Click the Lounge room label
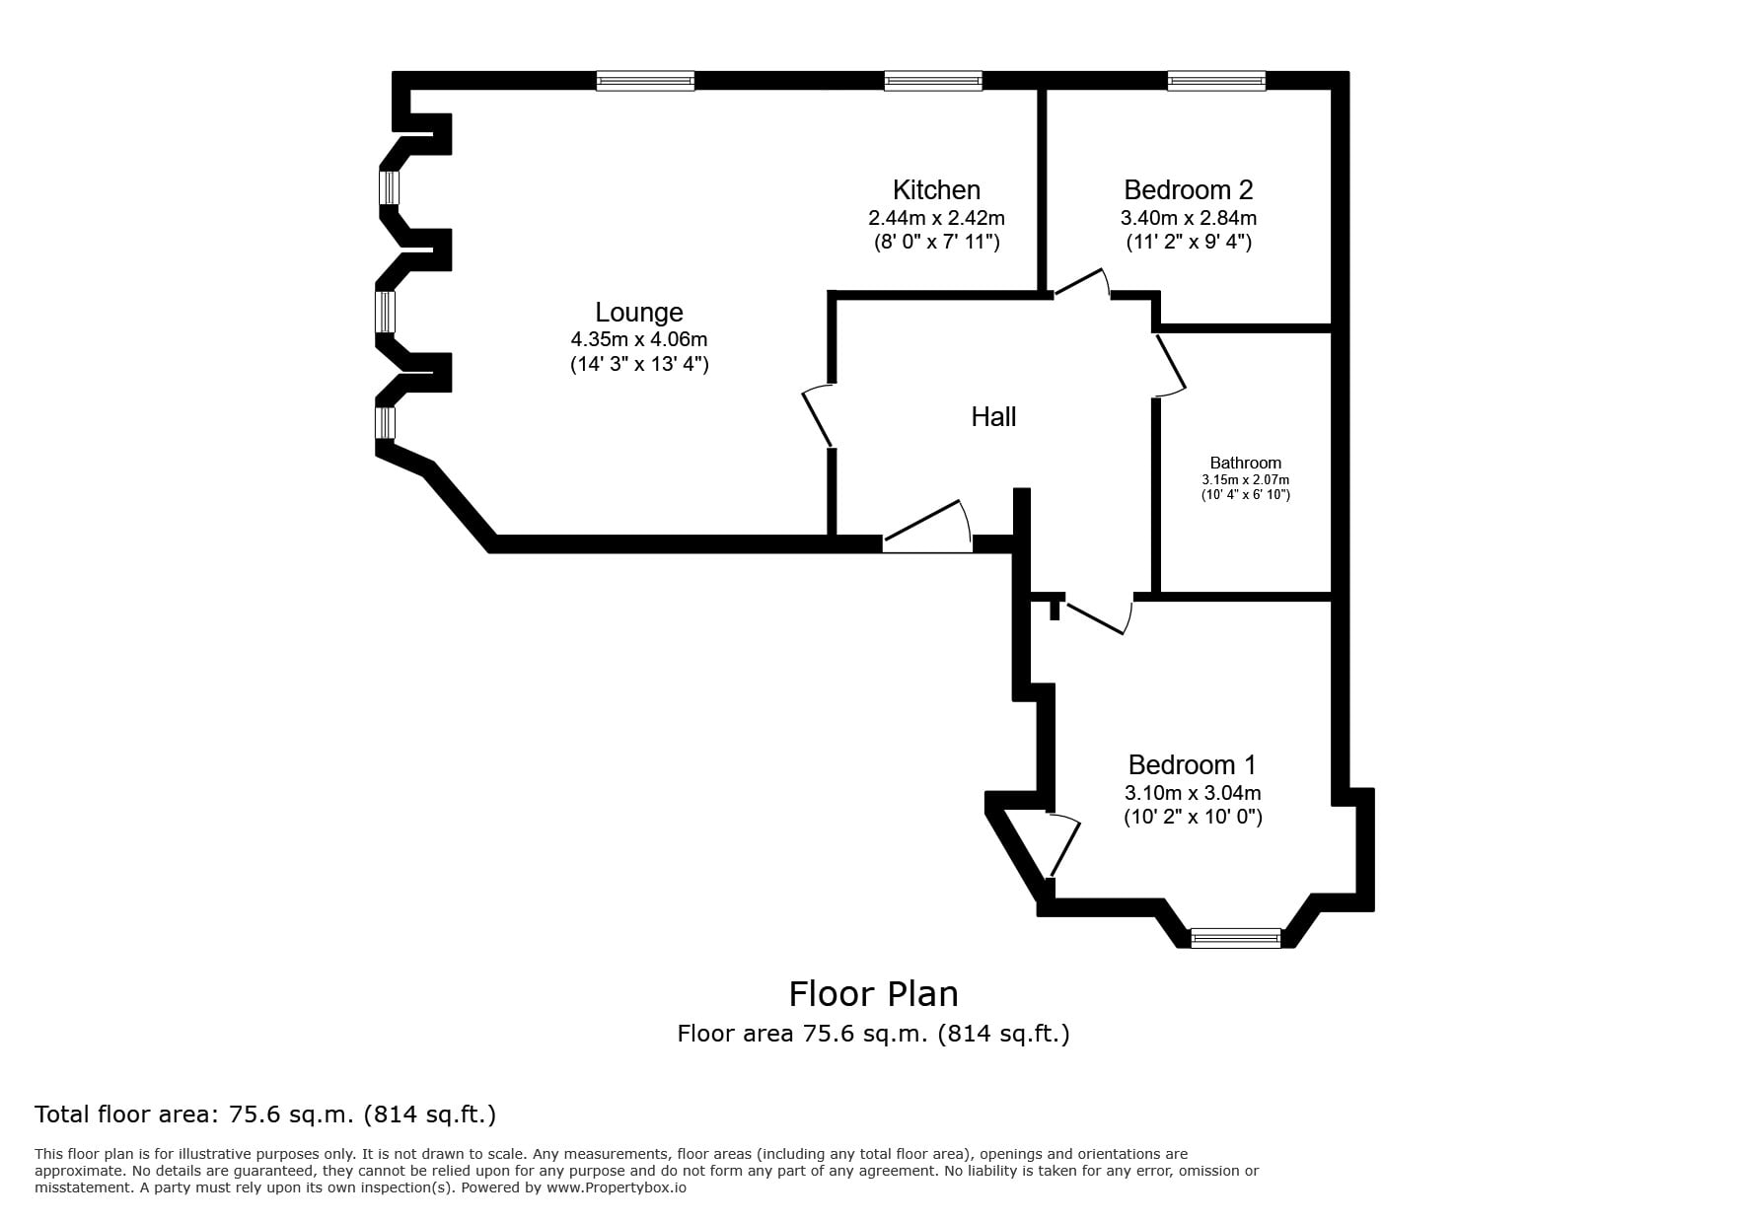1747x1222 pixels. [639, 313]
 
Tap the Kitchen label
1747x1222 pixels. [936, 189]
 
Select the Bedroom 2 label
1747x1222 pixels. [1189, 189]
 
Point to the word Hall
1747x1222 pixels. [993, 416]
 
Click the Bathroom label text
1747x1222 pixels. [1246, 463]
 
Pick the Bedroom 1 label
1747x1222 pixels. [1193, 764]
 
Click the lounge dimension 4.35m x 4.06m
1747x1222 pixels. [639, 339]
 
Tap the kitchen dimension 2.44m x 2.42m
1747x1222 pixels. [936, 217]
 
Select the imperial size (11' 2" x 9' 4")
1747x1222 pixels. [1189, 242]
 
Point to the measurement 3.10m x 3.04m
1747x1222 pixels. [1193, 793]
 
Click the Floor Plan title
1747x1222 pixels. [873, 993]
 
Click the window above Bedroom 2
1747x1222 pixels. [1216, 81]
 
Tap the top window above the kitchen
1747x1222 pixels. [933, 81]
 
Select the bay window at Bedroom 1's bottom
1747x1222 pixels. [1236, 938]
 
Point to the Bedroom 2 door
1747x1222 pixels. [1082, 283]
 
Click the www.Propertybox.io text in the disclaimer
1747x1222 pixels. [617, 1187]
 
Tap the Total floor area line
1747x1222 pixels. [265, 1114]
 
